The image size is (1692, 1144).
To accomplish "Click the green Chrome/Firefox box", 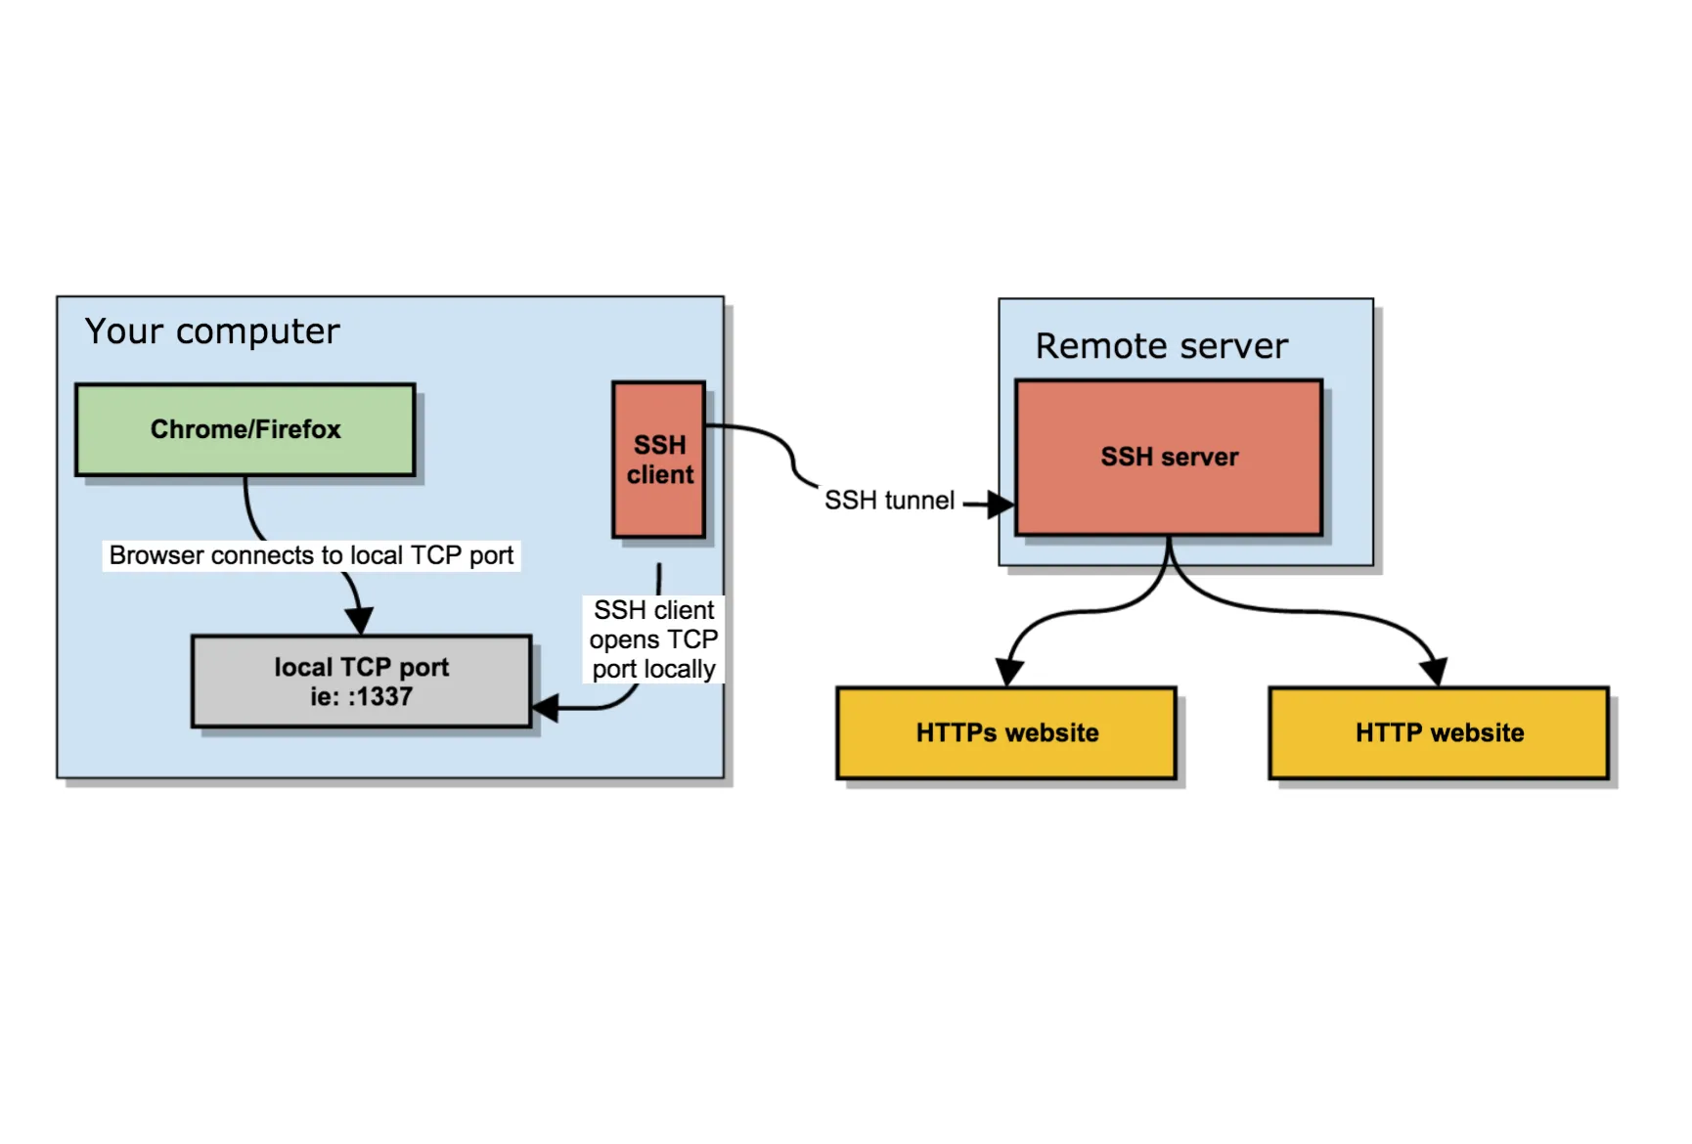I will click(x=245, y=429).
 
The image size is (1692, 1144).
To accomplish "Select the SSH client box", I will click(x=659, y=459).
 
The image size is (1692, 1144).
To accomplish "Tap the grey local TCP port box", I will click(x=361, y=682).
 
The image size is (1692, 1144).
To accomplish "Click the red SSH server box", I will click(x=1169, y=457).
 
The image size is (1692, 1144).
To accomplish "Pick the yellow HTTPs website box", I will click(x=1006, y=732).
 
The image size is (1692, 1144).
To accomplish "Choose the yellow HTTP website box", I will click(x=1439, y=732).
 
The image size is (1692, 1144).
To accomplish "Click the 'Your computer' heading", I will click(x=212, y=331).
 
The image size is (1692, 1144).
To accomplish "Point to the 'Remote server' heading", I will click(x=1161, y=346).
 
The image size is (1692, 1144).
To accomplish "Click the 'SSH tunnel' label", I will click(x=889, y=501).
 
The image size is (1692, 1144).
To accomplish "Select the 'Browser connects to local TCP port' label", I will click(x=311, y=555).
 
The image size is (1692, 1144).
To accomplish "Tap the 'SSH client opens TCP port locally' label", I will click(x=653, y=639).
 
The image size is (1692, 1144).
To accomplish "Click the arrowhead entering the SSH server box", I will click(x=1001, y=505).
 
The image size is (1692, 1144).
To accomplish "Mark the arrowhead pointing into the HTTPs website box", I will click(x=1008, y=672).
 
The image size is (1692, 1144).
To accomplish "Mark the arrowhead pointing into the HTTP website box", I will click(x=1434, y=672).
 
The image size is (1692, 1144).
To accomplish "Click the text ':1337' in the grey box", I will click(x=380, y=696).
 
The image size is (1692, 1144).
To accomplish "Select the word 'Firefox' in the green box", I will click(x=298, y=429).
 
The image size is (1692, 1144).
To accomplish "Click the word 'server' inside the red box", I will click(x=1199, y=457).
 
